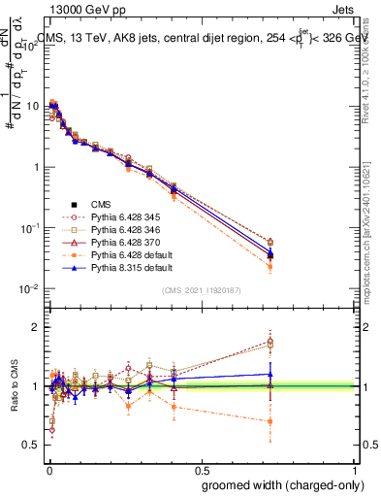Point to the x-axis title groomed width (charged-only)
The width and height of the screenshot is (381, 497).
(278, 484)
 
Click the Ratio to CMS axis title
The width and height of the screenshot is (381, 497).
(15, 385)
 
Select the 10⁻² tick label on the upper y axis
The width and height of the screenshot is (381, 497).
(29, 288)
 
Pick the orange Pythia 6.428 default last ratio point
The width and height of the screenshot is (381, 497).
(270, 421)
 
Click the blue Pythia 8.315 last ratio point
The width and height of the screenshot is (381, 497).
(270, 374)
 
